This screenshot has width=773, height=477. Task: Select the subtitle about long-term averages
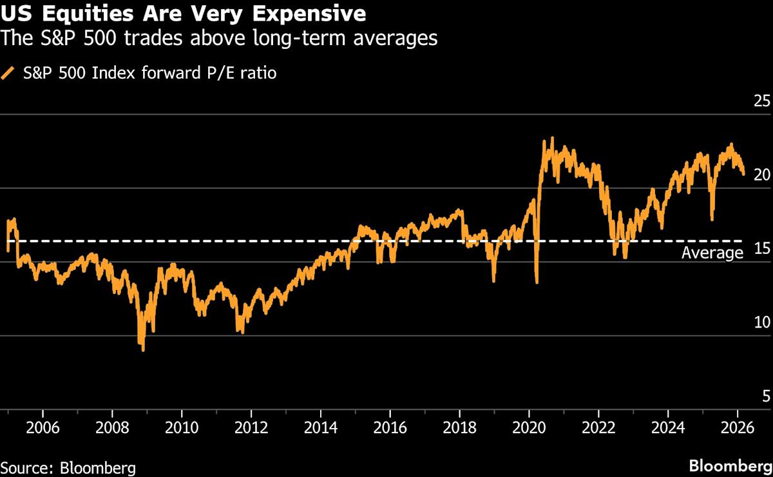pos(219,39)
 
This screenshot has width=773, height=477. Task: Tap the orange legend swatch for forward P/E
pos(8,73)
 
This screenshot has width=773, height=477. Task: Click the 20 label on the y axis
pos(761,175)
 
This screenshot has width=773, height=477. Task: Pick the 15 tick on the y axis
pos(761,249)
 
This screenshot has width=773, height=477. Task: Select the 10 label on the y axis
pos(761,322)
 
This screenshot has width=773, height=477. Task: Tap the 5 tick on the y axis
pos(765,396)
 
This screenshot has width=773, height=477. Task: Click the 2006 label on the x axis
pos(43,430)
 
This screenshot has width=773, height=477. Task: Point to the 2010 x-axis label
pos(182,430)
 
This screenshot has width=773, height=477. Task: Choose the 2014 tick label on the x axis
pos(320,430)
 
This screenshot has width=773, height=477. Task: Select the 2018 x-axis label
pos(459,430)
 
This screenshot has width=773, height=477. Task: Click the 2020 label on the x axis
pos(529,430)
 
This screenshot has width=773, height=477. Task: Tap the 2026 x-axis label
pos(737,430)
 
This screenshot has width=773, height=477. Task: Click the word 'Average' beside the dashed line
pos(712,253)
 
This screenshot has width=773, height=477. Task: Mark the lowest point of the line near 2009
pos(142,350)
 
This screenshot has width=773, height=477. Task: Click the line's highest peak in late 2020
pos(552,138)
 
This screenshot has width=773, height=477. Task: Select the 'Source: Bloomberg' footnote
pos(68,467)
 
